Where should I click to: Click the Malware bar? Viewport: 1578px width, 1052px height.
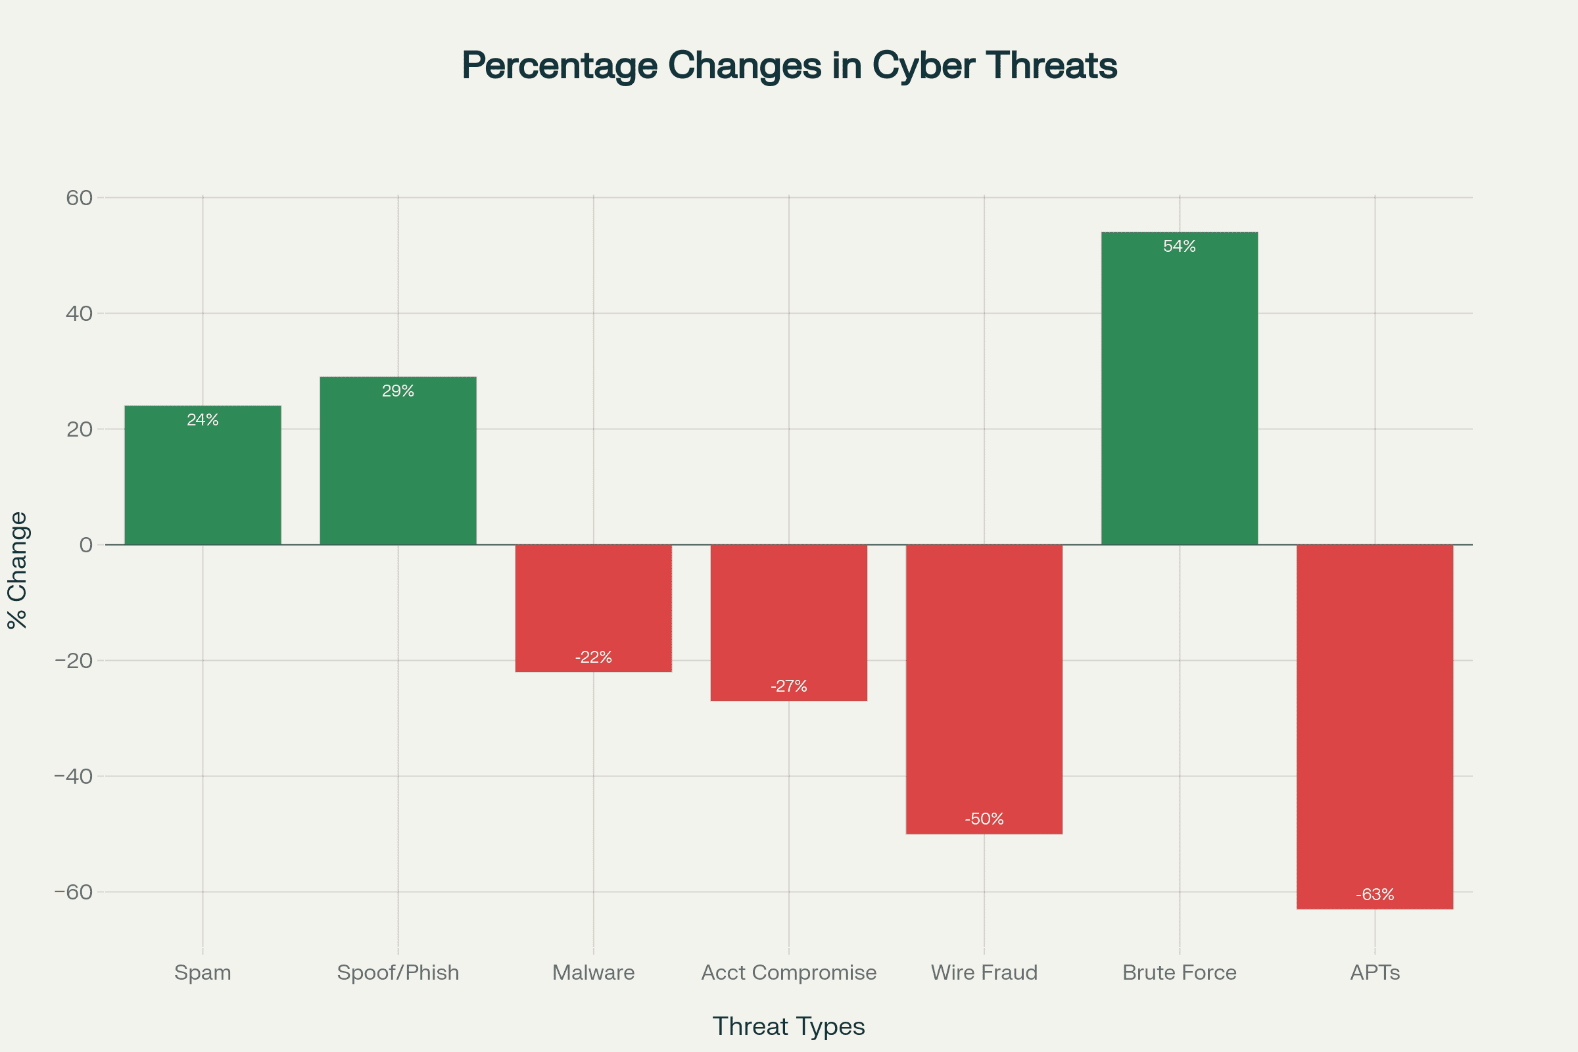click(x=594, y=604)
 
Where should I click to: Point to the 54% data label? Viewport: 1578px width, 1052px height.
click(x=1180, y=246)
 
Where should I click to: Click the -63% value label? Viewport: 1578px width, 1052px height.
click(x=1375, y=894)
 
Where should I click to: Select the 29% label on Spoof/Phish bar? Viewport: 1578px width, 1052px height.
click(x=398, y=391)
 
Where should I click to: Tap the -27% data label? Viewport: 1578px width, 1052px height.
click(x=789, y=686)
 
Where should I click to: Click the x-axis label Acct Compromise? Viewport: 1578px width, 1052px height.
click(x=789, y=972)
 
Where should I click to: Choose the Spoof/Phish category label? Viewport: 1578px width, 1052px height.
click(x=398, y=972)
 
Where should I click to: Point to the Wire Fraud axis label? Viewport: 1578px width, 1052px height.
click(x=984, y=972)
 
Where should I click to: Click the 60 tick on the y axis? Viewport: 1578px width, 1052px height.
click(x=79, y=198)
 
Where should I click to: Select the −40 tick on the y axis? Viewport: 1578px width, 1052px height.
click(x=73, y=777)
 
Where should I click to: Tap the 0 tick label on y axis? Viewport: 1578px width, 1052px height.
click(x=86, y=545)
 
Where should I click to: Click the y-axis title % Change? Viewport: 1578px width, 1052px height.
click(x=18, y=570)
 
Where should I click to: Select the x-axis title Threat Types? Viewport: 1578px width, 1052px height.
click(x=789, y=1026)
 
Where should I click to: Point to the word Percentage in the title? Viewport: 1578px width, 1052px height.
click(x=560, y=66)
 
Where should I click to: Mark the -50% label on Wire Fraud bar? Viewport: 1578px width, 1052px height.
click(x=984, y=819)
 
